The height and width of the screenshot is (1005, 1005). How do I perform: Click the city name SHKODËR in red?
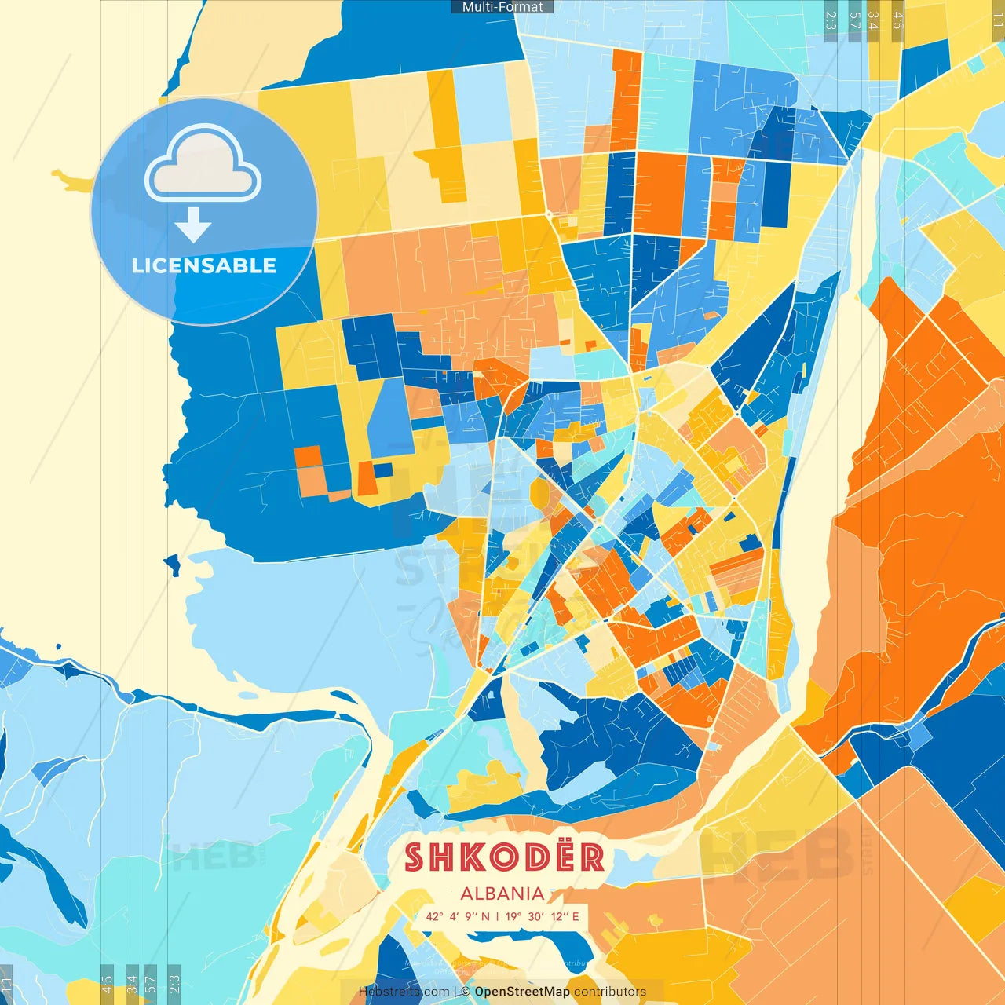[x=504, y=857]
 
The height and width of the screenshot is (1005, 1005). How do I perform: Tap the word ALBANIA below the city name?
[x=502, y=894]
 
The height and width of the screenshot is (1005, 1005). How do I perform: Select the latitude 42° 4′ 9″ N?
[x=458, y=916]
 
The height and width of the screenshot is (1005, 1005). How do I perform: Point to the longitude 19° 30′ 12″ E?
[x=543, y=916]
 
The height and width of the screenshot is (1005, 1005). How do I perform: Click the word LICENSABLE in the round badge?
[x=204, y=265]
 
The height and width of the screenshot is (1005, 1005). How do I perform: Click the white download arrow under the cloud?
[x=193, y=225]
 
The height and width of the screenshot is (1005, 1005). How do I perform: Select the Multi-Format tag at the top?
[x=502, y=7]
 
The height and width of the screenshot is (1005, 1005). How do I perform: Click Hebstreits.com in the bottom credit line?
[x=404, y=992]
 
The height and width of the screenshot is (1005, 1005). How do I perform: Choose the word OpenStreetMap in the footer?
[x=522, y=992]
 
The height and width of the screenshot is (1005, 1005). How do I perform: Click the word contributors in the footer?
[x=610, y=992]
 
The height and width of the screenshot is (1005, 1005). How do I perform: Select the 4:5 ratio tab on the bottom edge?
[x=108, y=985]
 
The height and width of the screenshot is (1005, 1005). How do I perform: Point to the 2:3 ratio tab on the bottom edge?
[x=174, y=985]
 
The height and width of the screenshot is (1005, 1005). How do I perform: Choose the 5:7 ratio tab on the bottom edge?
[x=151, y=985]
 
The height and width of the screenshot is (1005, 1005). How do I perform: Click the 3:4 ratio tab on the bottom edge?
[x=132, y=985]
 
